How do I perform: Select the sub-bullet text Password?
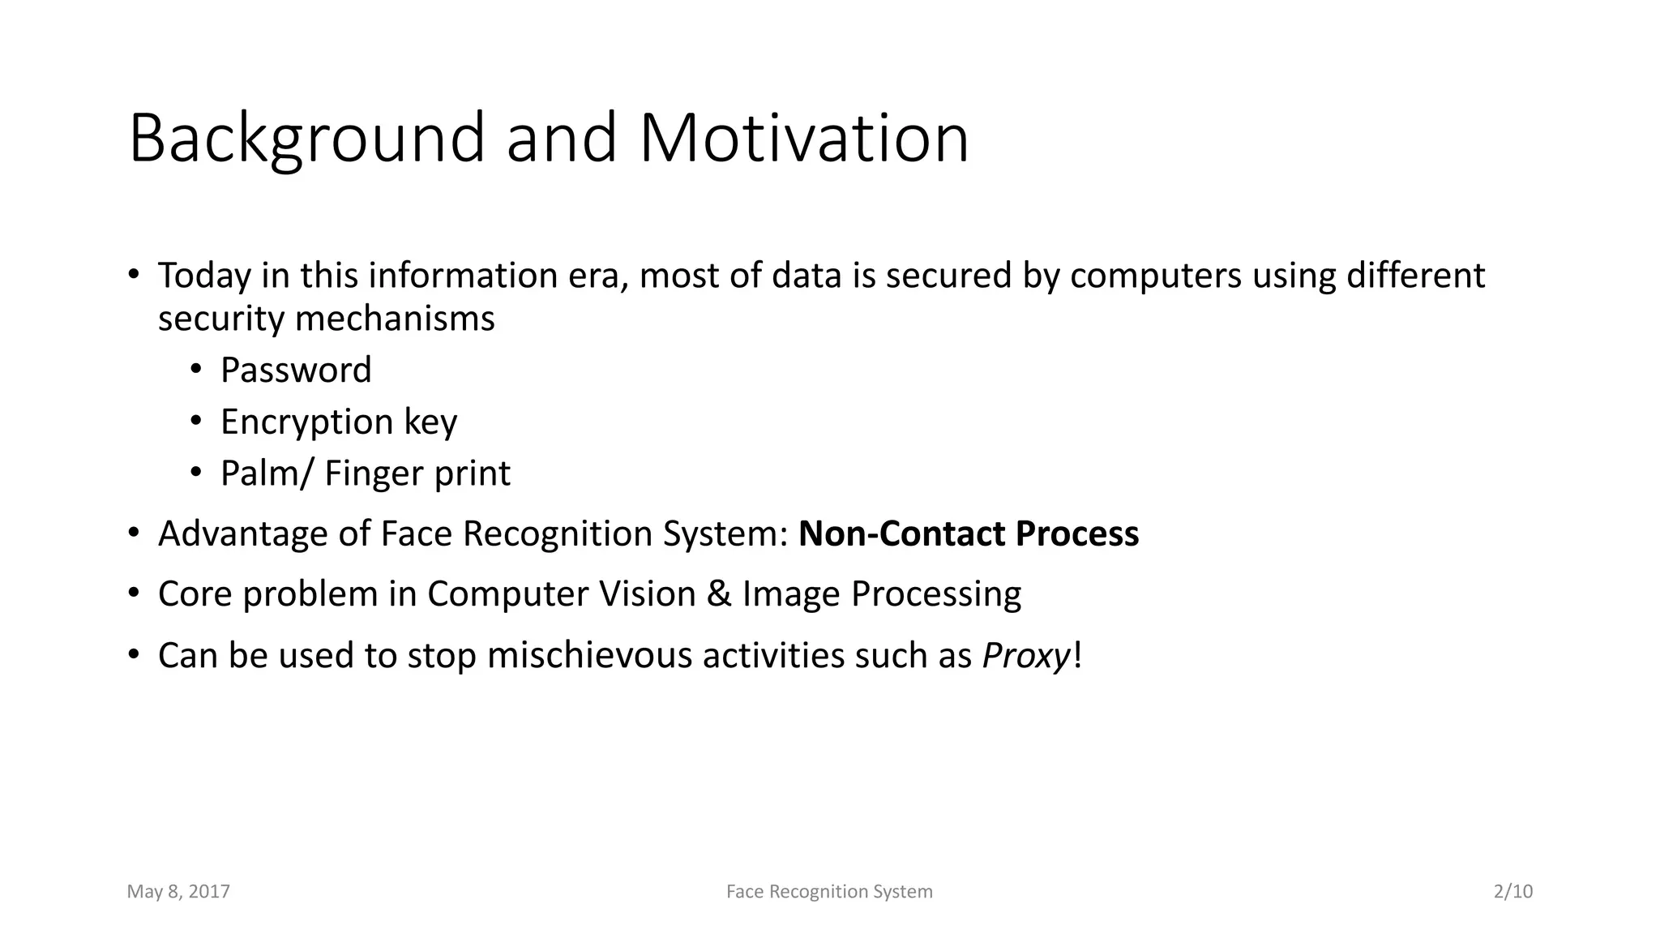pos(296,371)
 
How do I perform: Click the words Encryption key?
pos(339,422)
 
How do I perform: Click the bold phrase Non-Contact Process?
pos(969,534)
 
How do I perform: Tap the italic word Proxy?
pos(1026,656)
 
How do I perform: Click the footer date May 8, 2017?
pos(178,892)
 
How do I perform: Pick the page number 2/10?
pos(1512,892)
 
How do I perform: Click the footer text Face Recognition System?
pos(829,892)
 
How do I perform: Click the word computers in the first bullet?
pos(1155,276)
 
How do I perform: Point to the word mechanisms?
pos(394,319)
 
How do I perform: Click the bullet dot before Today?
pos(134,274)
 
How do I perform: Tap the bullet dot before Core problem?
pos(134,593)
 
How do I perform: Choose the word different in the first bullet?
pos(1415,276)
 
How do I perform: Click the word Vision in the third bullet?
pos(647,594)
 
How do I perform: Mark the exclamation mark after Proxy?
pos(1076,656)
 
